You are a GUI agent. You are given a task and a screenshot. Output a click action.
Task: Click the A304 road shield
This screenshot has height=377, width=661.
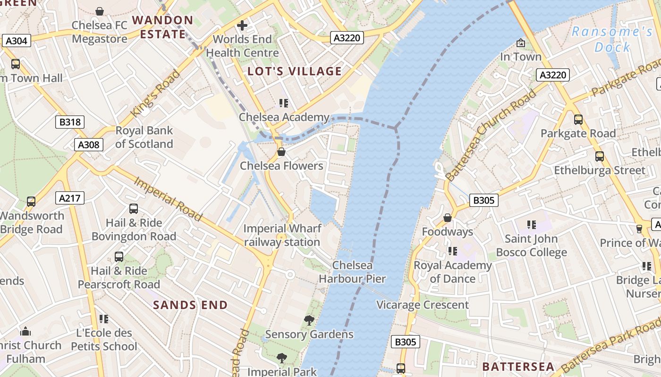tap(16, 41)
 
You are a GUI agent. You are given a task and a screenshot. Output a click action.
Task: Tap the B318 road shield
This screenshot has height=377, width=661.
tap(70, 122)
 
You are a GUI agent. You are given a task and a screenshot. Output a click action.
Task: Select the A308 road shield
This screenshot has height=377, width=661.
tap(88, 145)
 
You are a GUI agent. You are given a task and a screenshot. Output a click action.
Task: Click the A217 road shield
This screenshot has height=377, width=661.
tap(69, 198)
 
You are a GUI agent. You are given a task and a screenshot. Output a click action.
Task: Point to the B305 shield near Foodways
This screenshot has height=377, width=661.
tap(484, 200)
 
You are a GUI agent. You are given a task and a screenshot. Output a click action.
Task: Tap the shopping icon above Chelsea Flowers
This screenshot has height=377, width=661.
tap(281, 152)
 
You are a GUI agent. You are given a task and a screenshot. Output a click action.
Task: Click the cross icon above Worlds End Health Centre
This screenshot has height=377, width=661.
tap(242, 25)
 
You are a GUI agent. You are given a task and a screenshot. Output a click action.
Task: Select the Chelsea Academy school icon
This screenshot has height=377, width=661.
tap(283, 103)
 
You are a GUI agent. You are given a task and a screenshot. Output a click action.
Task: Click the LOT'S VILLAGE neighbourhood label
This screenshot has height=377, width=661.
tap(295, 71)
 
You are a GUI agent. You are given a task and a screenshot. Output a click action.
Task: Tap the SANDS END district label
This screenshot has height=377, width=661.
tap(190, 305)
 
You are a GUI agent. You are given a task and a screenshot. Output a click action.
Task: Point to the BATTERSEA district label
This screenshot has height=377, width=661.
tap(518, 367)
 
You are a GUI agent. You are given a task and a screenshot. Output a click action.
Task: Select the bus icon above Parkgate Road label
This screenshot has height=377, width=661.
tap(578, 120)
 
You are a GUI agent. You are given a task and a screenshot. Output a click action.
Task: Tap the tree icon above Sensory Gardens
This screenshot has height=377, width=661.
tap(309, 320)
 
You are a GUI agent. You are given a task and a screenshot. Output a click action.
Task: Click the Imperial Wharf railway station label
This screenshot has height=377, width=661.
tap(282, 235)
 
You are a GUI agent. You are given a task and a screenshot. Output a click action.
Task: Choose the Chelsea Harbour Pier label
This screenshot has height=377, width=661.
tap(352, 272)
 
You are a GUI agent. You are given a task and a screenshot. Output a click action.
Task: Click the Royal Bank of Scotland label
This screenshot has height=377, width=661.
tap(144, 137)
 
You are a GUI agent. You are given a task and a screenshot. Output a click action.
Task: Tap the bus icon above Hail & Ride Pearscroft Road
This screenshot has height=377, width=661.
tap(119, 257)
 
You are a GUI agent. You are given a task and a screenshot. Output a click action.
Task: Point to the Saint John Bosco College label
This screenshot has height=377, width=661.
tap(531, 246)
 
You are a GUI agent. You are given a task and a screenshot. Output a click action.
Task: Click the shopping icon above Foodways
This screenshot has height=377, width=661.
tap(447, 218)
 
